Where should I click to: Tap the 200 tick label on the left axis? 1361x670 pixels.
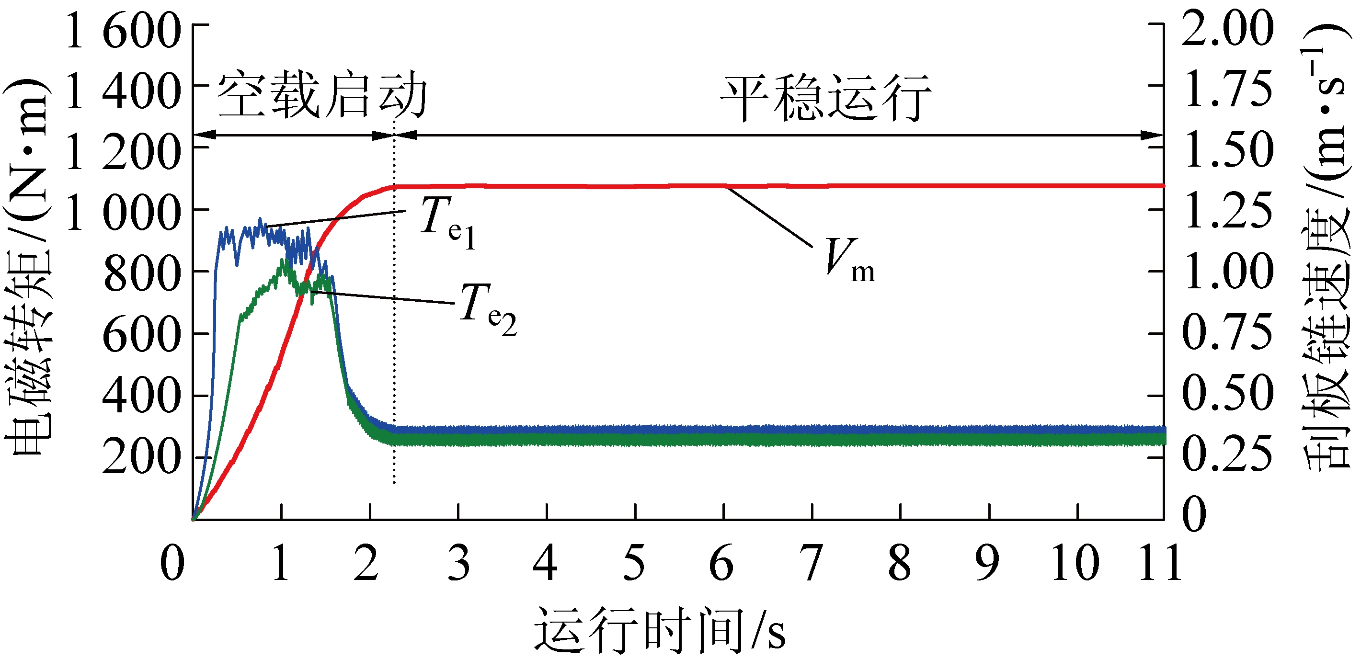(x=142, y=457)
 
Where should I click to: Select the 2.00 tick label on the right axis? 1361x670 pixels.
(x=1227, y=29)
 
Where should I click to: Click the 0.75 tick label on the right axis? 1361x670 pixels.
(x=1227, y=333)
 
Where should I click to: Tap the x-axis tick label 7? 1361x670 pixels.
(x=812, y=564)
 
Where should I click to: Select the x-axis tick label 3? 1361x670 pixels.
(x=458, y=564)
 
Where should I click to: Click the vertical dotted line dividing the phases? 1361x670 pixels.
(x=394, y=317)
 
